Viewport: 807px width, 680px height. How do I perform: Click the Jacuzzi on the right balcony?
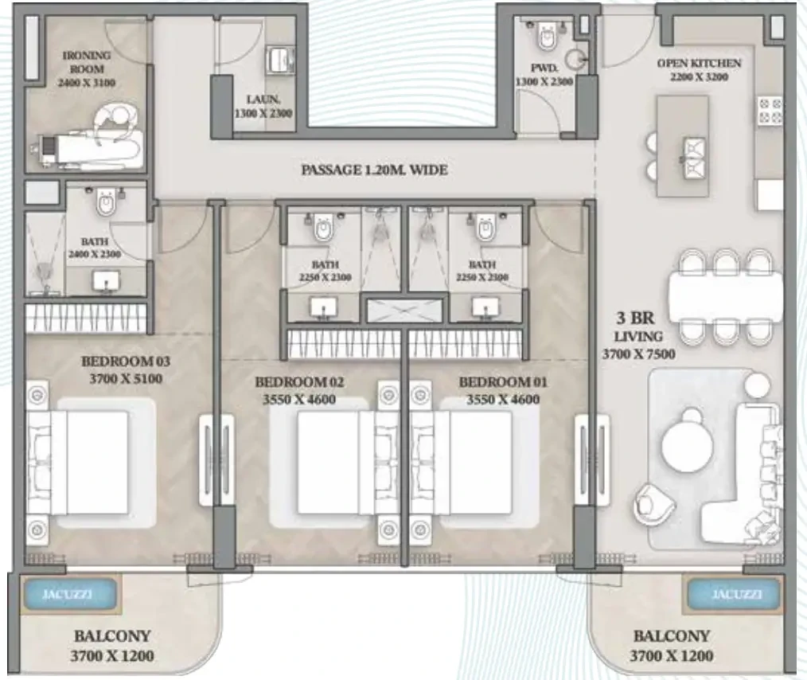tap(734, 594)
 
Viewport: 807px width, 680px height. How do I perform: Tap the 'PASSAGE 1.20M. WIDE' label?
tap(374, 170)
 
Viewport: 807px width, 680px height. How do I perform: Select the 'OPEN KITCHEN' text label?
tap(699, 64)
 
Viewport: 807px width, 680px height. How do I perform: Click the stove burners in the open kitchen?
tap(770, 111)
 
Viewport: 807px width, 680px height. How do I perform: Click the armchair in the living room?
tap(654, 505)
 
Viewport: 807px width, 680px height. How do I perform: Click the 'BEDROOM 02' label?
tap(299, 382)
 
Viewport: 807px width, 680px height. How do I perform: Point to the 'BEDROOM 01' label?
tap(503, 382)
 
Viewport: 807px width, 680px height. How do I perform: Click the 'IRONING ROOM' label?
tap(87, 62)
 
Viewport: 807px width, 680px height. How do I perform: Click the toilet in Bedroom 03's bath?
tap(107, 203)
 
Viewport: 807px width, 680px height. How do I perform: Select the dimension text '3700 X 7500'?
tap(638, 354)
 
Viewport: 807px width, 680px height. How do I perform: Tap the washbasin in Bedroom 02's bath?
tap(323, 308)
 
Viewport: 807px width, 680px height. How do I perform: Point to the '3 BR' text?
tap(635, 318)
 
